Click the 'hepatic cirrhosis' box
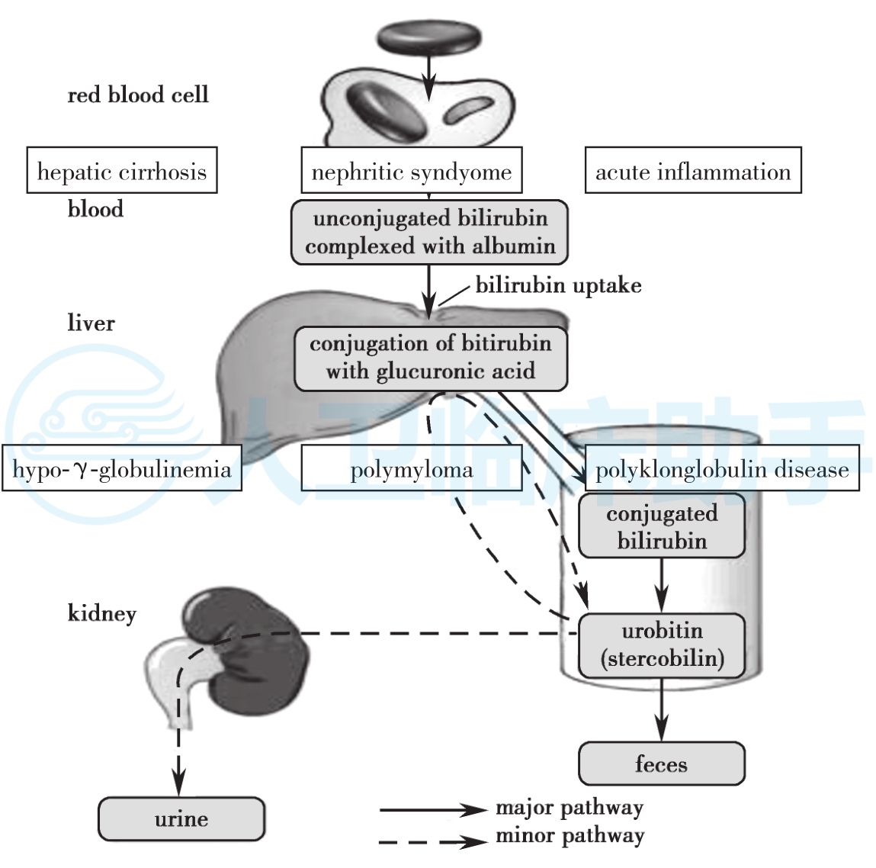click(x=122, y=171)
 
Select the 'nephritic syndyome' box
click(x=412, y=171)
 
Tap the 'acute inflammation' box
click(x=693, y=171)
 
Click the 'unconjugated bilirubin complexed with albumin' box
click(x=429, y=232)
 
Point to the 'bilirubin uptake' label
click(x=558, y=285)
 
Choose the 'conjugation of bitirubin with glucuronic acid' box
click(x=431, y=358)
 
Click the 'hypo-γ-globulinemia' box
click(x=122, y=468)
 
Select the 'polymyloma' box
click(x=412, y=468)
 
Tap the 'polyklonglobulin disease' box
click(x=722, y=468)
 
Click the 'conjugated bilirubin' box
click(x=662, y=526)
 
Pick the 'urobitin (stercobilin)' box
click(x=662, y=645)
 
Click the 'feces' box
click(x=662, y=764)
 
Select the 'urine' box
click(x=181, y=818)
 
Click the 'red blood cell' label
click(x=138, y=95)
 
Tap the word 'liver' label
click(x=91, y=323)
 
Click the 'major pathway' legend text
click(x=570, y=807)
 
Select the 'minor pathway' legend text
click(x=570, y=836)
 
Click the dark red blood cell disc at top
click(x=429, y=37)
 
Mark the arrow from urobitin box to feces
click(x=662, y=709)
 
